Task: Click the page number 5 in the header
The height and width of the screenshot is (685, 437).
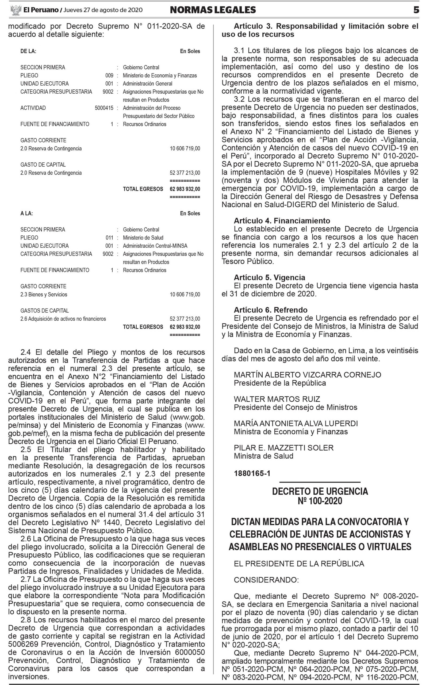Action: pyautogui.click(x=416, y=10)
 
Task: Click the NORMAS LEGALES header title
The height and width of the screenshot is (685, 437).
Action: pyautogui.click(x=213, y=10)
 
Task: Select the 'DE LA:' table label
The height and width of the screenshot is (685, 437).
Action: pyautogui.click(x=28, y=51)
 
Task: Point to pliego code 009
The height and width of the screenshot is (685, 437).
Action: pyautogui.click(x=109, y=75)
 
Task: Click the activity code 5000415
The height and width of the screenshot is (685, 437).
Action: pyautogui.click(x=104, y=108)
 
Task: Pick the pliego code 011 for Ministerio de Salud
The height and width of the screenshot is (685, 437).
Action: pyautogui.click(x=109, y=238)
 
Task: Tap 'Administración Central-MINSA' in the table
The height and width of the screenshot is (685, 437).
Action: pyautogui.click(x=155, y=246)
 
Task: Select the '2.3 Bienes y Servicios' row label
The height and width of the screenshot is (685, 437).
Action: pyautogui.click(x=44, y=294)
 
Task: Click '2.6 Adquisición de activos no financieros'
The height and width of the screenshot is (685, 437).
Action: pyautogui.click(x=63, y=319)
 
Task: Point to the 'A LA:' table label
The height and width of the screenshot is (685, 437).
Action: pyautogui.click(x=26, y=213)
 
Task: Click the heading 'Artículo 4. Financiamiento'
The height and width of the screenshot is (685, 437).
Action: pyautogui.click(x=282, y=221)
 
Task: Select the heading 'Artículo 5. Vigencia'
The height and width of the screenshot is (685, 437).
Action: pyautogui.click(x=269, y=277)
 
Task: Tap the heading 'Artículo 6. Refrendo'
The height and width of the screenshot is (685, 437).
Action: pyautogui.click(x=270, y=310)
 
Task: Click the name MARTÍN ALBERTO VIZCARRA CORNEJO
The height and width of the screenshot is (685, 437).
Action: pyautogui.click(x=307, y=375)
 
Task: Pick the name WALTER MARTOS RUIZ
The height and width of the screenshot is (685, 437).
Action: pyautogui.click(x=277, y=399)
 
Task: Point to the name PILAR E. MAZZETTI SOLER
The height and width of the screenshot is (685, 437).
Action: pyautogui.click(x=283, y=448)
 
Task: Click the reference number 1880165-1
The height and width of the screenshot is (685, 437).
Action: pyautogui.click(x=252, y=473)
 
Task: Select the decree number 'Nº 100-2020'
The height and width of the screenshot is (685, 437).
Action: pyautogui.click(x=320, y=501)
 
